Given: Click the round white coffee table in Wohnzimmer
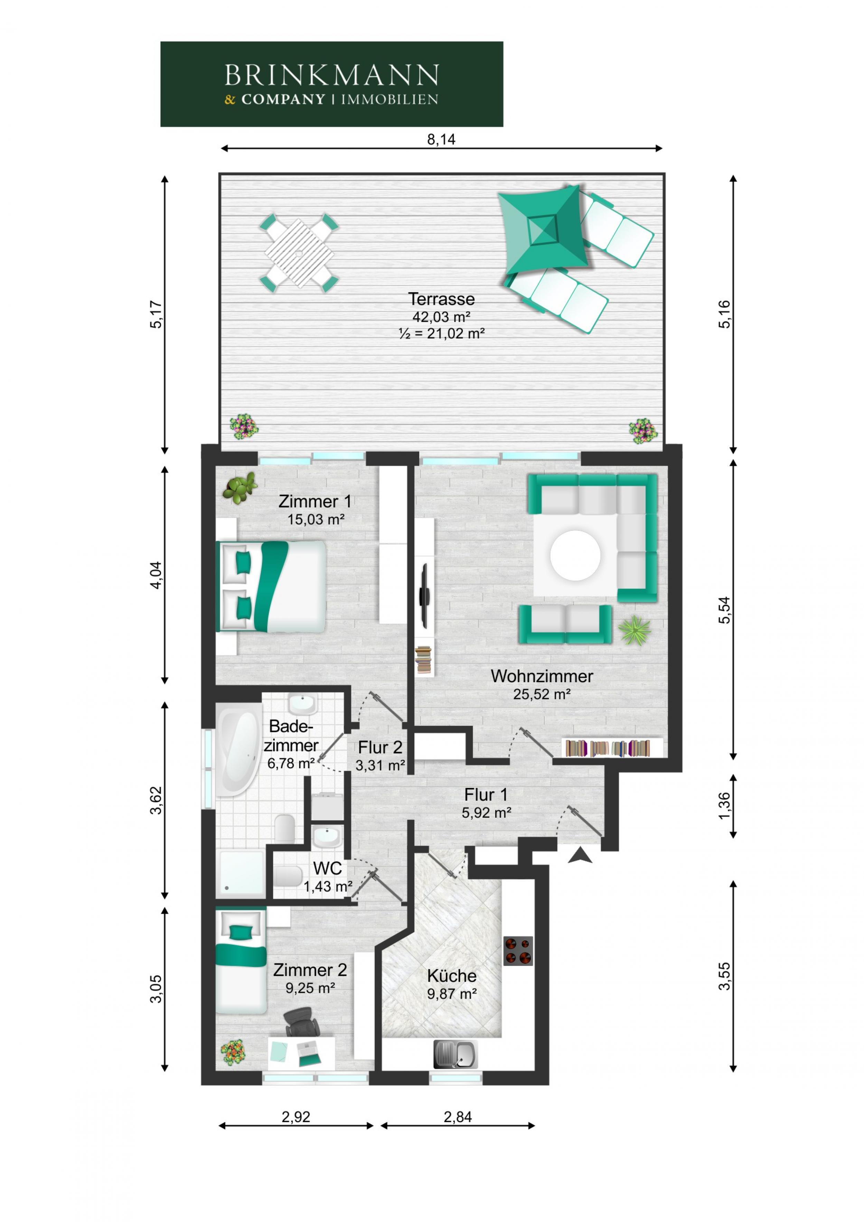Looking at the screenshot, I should pyautogui.click(x=575, y=556).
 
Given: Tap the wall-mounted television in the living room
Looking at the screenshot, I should pyautogui.click(x=424, y=596).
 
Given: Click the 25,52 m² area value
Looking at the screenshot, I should pyautogui.click(x=542, y=694).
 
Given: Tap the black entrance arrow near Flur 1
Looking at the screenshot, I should pyautogui.click(x=580, y=855).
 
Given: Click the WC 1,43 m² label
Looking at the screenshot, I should pyautogui.click(x=327, y=877).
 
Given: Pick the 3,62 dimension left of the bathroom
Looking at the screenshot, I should pyautogui.click(x=156, y=800).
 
